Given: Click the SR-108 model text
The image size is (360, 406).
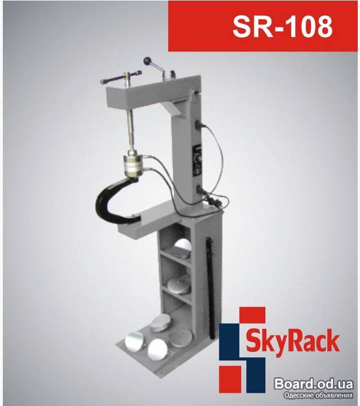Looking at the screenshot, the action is click(282, 26).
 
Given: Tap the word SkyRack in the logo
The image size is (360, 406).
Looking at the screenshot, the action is click(292, 341).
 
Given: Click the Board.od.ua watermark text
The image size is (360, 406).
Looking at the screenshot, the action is click(314, 384).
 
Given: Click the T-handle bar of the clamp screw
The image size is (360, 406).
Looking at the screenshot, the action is click(121, 77).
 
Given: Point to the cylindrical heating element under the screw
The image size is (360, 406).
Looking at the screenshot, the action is click(133, 165).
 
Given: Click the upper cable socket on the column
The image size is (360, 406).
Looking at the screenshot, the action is click(199, 125).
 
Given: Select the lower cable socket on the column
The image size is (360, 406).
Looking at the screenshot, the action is click(200, 190).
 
